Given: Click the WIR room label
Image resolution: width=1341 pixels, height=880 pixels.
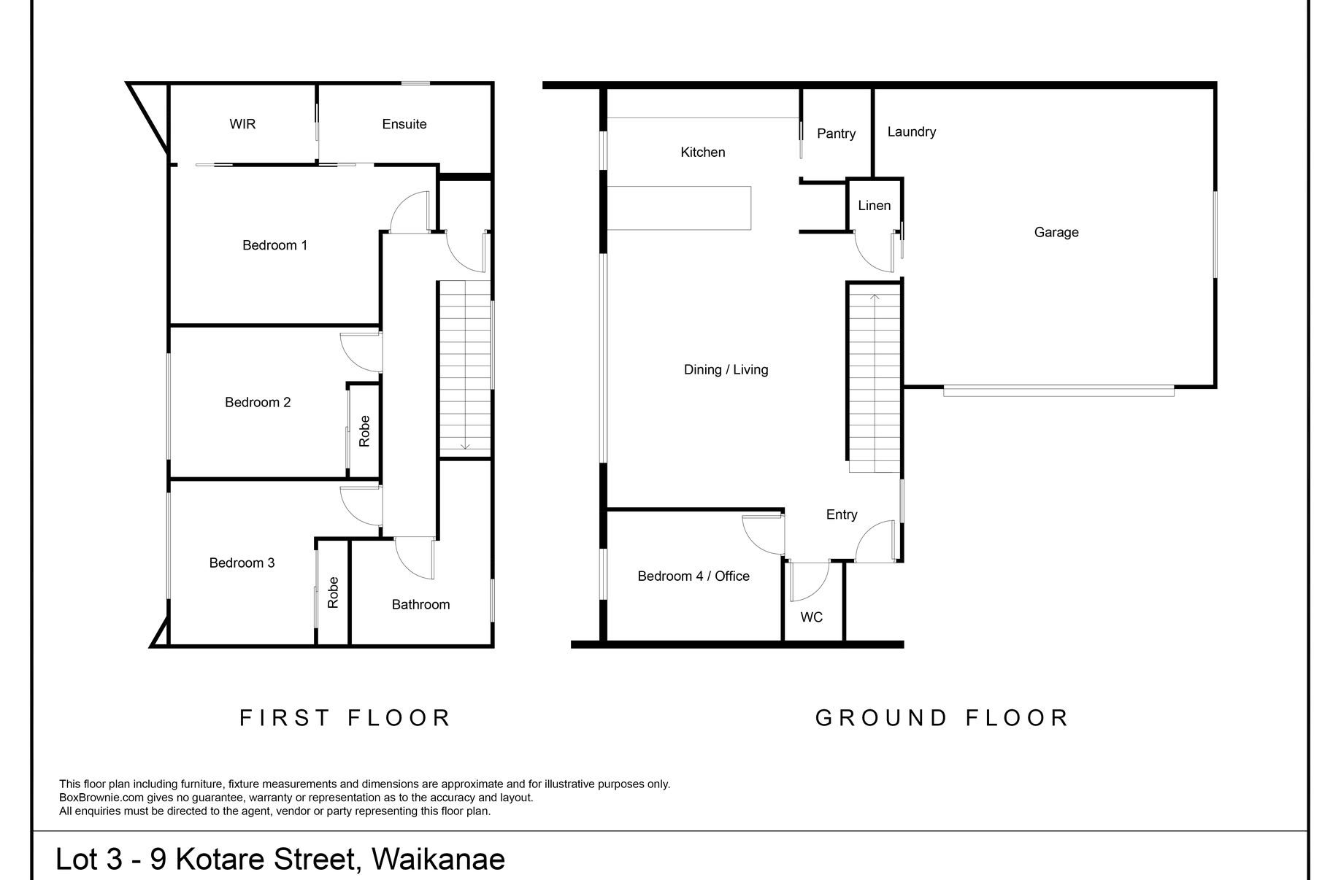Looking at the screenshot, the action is point(242,124).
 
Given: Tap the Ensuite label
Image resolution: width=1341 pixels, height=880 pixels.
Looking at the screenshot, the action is point(404,124).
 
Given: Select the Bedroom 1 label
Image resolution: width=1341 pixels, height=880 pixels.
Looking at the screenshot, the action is point(275,245).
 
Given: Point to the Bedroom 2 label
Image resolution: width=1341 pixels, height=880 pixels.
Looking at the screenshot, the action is point(258,402).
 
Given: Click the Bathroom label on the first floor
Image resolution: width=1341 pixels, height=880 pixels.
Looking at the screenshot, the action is point(420,604).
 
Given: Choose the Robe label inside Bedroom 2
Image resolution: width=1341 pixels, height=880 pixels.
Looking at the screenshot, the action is point(364,431).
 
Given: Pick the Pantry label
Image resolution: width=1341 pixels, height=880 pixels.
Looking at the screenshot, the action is point(837,134).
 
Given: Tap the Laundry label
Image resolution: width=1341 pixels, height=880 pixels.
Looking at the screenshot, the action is point(912,132).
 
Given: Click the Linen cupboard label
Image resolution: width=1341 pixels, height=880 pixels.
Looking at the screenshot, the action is point(875,206).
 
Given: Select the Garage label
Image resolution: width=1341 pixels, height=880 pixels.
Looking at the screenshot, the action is point(1056,232).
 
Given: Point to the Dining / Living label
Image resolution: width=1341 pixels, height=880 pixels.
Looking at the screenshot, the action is point(726,370).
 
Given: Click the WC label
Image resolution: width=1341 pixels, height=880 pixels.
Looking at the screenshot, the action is point(812,617).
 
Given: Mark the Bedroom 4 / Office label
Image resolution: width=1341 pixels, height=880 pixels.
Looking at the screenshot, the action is point(693,576).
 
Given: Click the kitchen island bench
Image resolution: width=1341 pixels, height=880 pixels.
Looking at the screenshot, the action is point(679,208).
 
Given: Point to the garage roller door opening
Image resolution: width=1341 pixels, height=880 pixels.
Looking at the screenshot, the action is point(1058,391).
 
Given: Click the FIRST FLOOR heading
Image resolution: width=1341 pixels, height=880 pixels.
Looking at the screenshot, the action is point(345,718).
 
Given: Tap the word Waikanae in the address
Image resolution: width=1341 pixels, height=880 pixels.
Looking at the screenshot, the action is point(438,859).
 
